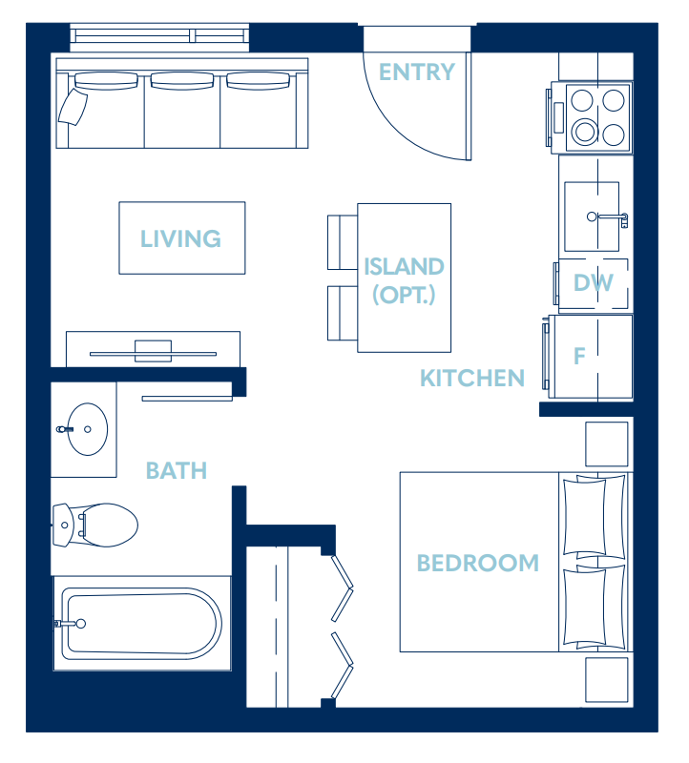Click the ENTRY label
click(x=417, y=72)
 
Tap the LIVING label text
click(x=180, y=238)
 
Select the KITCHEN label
click(x=472, y=379)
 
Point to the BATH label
click(x=177, y=470)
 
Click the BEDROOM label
click(x=477, y=563)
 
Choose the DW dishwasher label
click(x=594, y=283)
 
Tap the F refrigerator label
click(x=578, y=357)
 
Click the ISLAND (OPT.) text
click(x=404, y=279)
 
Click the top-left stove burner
click(x=581, y=99)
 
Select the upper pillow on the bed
click(x=594, y=516)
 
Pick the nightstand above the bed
click(x=606, y=443)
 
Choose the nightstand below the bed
click(x=606, y=680)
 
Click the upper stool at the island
click(x=342, y=242)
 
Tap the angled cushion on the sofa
click(x=73, y=108)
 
